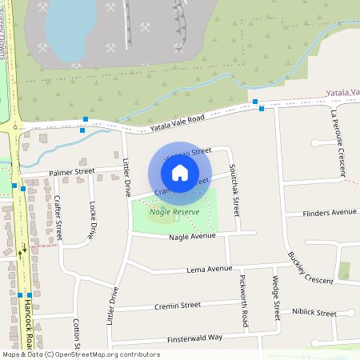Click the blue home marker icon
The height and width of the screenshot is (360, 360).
(x=180, y=172)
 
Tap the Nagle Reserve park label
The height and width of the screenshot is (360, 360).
(x=174, y=212)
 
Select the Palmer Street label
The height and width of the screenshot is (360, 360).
(x=71, y=171)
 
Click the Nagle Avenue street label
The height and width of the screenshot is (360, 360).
(x=192, y=237)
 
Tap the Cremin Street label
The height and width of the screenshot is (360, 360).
(x=178, y=305)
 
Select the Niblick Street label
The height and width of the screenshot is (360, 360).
(x=314, y=313)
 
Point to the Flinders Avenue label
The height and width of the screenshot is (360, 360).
(x=330, y=213)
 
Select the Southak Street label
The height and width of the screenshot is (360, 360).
(x=234, y=190)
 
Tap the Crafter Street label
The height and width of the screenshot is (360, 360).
(x=58, y=218)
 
